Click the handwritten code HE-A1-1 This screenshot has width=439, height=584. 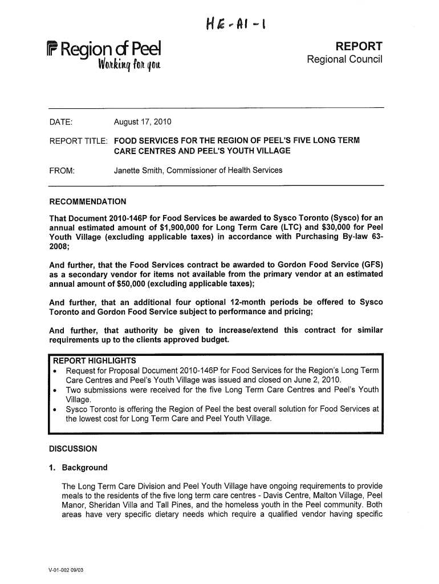[x=237, y=25]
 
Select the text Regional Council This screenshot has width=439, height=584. [x=344, y=60]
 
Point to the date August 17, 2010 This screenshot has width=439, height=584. [x=143, y=123]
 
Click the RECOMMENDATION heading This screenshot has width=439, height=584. [x=88, y=202]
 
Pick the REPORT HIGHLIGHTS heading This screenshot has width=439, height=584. [x=95, y=360]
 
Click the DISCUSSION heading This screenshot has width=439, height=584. [x=73, y=448]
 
